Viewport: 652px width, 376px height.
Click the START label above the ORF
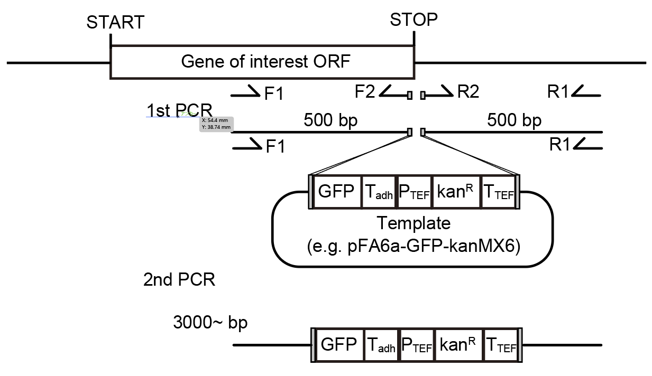pos(115,23)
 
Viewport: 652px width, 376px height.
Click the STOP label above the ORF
pos(414,20)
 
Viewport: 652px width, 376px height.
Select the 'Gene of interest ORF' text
pos(265,62)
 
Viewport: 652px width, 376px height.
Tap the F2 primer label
pos(365,92)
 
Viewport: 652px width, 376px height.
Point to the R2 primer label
pos(468,92)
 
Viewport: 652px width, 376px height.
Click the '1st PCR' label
pos(179,110)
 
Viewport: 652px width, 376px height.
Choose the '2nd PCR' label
pos(179,279)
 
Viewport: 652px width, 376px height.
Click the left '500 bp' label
pos(330,121)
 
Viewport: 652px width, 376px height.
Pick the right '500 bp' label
pos(514,121)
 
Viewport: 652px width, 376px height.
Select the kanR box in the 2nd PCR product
pos(458,345)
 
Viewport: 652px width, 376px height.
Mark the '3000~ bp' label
pos(210,322)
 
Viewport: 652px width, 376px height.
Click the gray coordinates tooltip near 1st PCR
pos(216,124)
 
